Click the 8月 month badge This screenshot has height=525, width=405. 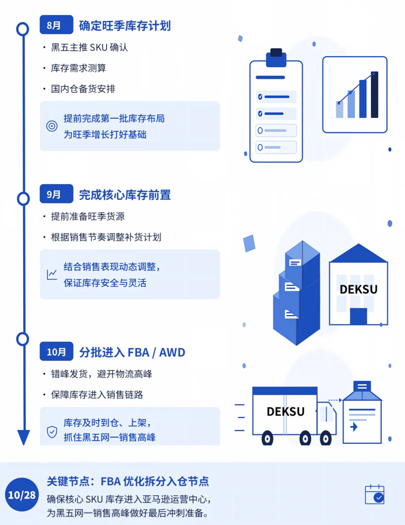[x=56, y=25]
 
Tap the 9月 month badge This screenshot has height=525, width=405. [x=56, y=194]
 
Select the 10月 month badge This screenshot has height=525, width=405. [x=56, y=351]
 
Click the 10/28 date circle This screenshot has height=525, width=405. [x=22, y=495]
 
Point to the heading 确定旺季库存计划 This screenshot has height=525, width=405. [x=125, y=26]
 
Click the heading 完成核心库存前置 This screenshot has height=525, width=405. [x=125, y=195]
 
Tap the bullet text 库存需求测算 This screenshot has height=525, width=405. [x=78, y=68]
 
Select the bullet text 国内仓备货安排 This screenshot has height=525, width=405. [x=83, y=89]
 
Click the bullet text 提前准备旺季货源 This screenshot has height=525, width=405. [x=88, y=216]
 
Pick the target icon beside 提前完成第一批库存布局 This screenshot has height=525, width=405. [x=51, y=126]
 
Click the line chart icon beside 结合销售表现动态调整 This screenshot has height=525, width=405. [x=51, y=275]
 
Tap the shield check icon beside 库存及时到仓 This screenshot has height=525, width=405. [x=52, y=432]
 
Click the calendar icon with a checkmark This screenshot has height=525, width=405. [x=375, y=494]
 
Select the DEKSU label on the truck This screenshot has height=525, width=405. [x=285, y=412]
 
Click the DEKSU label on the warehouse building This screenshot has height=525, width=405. [x=359, y=289]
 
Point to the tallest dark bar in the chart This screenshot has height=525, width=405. [x=375, y=95]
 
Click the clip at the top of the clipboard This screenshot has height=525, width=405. [x=276, y=58]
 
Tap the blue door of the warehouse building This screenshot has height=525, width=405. [x=359, y=316]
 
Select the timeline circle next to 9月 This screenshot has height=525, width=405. [x=23, y=199]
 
